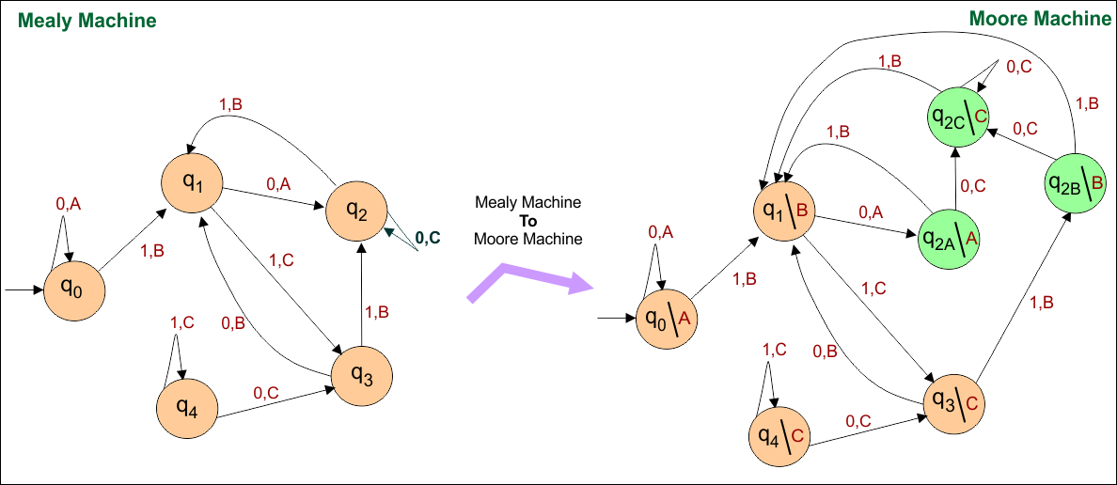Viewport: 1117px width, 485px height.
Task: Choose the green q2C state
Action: tap(958, 117)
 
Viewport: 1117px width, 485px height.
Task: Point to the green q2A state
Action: tap(950, 239)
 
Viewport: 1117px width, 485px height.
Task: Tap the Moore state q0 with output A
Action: tap(668, 319)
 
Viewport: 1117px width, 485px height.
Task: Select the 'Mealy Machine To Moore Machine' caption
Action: tap(527, 220)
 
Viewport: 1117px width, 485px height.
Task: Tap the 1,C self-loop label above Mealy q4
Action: tap(181, 323)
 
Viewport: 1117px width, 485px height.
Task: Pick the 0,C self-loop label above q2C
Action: tap(1018, 67)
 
